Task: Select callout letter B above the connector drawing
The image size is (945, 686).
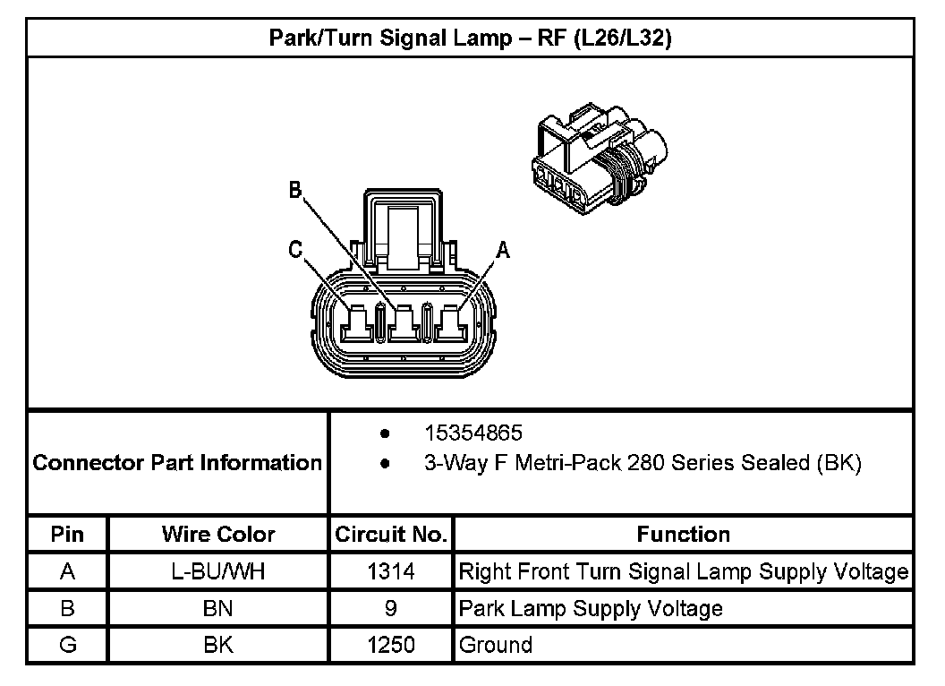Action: pos(294,191)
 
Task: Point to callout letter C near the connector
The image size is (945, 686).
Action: pos(294,252)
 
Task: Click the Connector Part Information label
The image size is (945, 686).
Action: pos(177,463)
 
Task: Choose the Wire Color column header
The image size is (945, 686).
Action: pos(218,535)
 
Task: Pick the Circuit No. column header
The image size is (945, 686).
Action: pos(391,535)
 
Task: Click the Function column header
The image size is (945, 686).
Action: pos(683,535)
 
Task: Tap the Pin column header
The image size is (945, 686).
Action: pos(67,535)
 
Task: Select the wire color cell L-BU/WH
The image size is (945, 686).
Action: pos(218,571)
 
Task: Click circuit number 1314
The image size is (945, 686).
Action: pos(391,571)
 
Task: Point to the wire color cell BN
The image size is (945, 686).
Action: pos(218,609)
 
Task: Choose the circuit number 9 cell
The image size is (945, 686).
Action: pos(391,609)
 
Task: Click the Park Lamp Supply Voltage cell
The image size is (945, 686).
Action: pos(591,609)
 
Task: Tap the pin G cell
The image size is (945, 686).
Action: pos(67,646)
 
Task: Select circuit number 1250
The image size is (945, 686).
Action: pos(391,646)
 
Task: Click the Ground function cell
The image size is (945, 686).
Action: pos(495,646)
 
